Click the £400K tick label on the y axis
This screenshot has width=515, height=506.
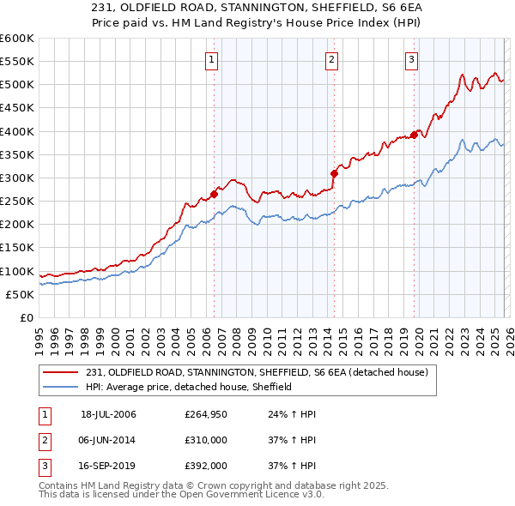pyautogui.click(x=16, y=131)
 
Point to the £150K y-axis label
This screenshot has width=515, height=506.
pyautogui.click(x=16, y=248)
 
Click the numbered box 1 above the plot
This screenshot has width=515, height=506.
pyautogui.click(x=211, y=59)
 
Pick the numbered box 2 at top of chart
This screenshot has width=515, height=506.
pyautogui.click(x=331, y=59)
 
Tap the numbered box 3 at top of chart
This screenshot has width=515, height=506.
pyautogui.click(x=411, y=59)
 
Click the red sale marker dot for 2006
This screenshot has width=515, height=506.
pyautogui.click(x=214, y=194)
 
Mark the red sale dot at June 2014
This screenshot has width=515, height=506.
pyautogui.click(x=334, y=173)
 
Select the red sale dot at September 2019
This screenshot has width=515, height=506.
pyautogui.click(x=414, y=135)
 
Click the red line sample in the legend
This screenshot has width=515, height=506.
pyautogui.click(x=61, y=372)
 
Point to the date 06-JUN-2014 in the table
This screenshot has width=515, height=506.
pyautogui.click(x=108, y=440)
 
